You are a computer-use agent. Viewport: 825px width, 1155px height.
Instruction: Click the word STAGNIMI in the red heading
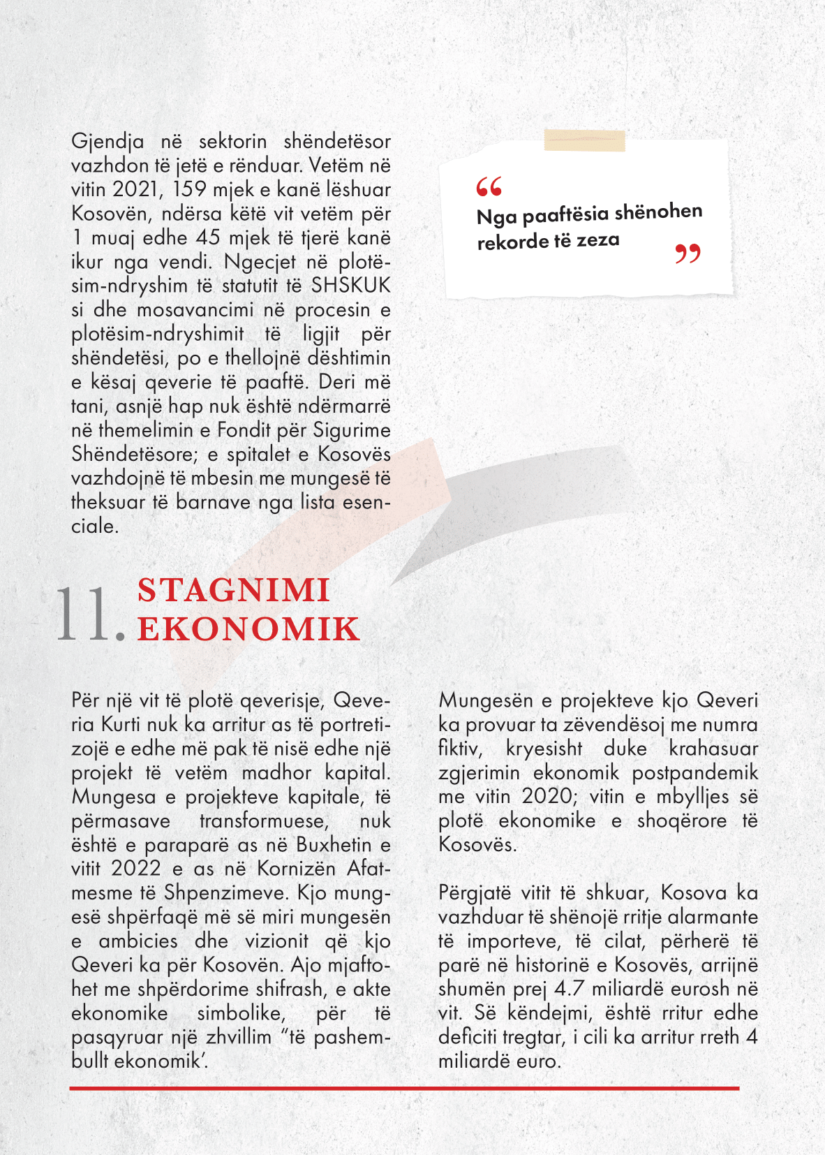(233, 591)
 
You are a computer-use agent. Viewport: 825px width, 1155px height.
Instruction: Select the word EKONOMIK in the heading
(248, 629)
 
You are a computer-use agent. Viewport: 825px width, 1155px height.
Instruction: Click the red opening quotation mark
(489, 186)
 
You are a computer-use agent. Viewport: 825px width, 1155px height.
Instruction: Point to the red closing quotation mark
(687, 253)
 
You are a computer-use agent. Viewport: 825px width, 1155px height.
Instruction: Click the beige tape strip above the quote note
(584, 140)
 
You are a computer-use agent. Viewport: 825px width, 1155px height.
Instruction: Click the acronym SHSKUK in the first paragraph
(350, 286)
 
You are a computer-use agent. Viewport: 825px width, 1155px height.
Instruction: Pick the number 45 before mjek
(208, 237)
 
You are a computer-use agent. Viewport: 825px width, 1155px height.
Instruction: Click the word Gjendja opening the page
(107, 142)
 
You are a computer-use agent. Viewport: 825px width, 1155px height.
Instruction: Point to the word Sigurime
(351, 430)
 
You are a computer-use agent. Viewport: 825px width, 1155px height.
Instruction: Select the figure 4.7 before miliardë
(570, 989)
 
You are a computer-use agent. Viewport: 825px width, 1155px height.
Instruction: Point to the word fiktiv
(460, 749)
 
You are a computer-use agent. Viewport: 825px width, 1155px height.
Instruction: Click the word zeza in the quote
(597, 240)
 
